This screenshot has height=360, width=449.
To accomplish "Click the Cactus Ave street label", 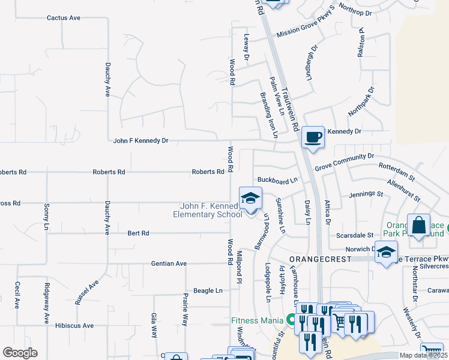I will (x=64, y=18).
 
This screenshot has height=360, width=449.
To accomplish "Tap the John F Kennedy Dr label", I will (x=141, y=140).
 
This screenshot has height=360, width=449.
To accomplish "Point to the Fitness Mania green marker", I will (x=294, y=320).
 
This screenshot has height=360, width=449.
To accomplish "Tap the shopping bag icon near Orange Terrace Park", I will (x=419, y=226).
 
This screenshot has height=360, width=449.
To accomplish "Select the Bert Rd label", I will (x=138, y=233).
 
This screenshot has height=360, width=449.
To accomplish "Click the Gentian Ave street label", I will (x=169, y=263).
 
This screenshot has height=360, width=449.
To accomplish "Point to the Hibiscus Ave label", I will (x=74, y=325).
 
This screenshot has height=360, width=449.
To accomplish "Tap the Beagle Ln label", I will (x=208, y=290).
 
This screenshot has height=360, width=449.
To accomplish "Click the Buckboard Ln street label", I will (x=277, y=180).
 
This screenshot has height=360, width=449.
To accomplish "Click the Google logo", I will (x=20, y=352).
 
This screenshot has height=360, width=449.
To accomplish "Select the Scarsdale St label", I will (x=354, y=235).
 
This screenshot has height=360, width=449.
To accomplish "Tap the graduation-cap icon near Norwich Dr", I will (x=386, y=253).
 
